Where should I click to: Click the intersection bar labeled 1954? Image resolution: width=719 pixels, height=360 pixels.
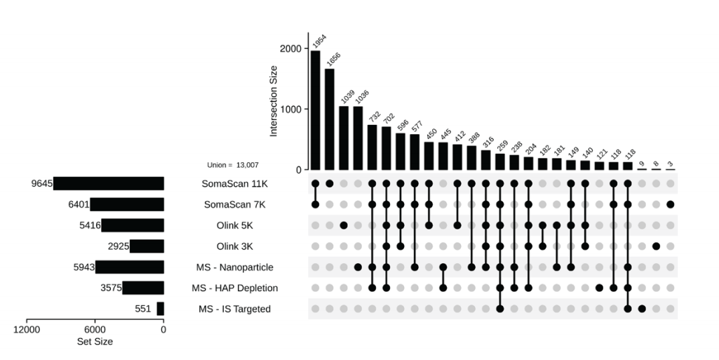[315, 110]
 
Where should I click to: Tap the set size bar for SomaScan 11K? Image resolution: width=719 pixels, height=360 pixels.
[109, 184]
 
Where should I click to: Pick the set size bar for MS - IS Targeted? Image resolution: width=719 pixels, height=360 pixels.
[160, 309]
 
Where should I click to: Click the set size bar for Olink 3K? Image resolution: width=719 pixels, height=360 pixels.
[147, 246]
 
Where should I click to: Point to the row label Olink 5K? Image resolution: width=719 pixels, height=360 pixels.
[235, 225]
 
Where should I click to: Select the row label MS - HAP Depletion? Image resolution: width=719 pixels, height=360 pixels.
[235, 288]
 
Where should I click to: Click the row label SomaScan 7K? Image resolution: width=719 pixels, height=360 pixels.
[235, 205]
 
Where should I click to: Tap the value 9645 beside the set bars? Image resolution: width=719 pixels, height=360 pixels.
[41, 184]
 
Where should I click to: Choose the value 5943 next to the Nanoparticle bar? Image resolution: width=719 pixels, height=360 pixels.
[83, 267]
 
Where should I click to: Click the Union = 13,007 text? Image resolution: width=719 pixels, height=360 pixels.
[233, 165]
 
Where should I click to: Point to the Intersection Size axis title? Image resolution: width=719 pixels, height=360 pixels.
[274, 101]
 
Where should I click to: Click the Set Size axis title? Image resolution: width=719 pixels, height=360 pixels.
[95, 342]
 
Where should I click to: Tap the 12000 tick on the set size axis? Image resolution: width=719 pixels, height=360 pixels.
[26, 330]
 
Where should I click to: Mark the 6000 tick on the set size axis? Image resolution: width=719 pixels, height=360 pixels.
[95, 330]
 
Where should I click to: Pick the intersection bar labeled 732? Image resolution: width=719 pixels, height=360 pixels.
[372, 147]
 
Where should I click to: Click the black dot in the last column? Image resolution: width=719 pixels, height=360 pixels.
[671, 205]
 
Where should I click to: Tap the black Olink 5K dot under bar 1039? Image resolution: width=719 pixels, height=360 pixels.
[344, 225]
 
